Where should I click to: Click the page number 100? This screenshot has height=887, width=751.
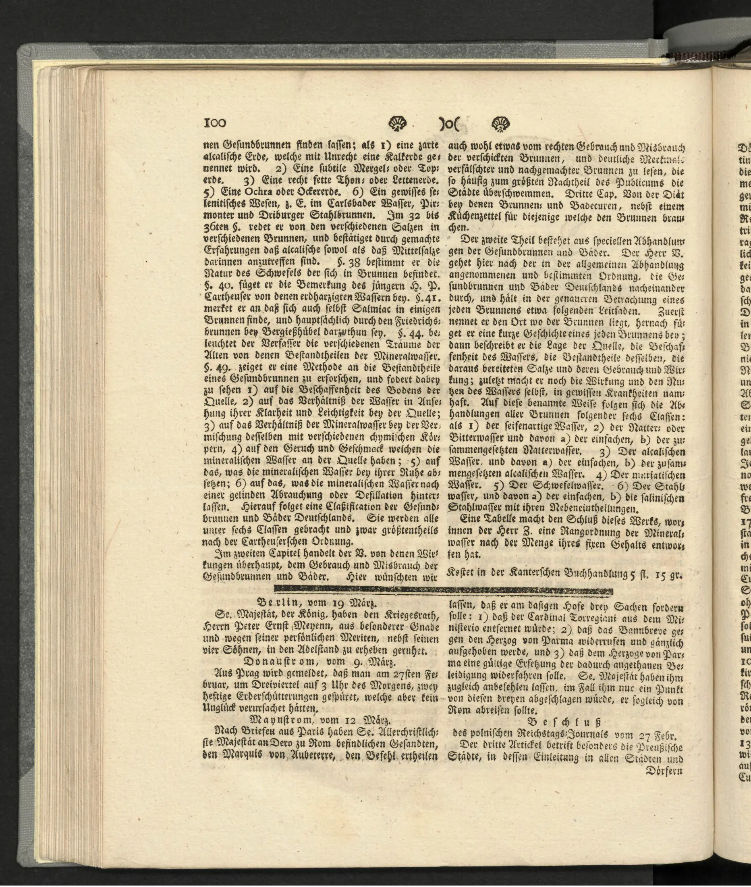[215, 123]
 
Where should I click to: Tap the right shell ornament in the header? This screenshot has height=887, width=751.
[500, 123]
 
